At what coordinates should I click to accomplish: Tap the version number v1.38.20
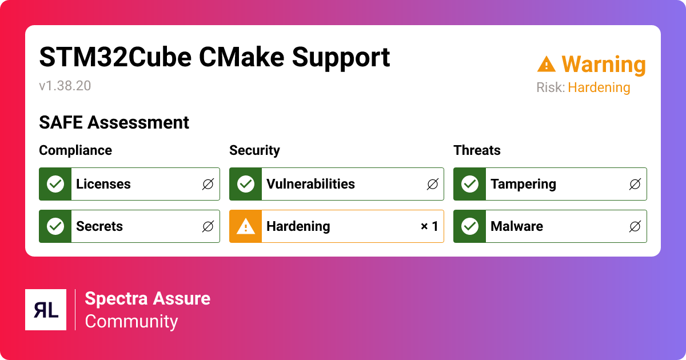coord(65,86)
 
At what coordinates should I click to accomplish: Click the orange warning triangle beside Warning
coord(546,64)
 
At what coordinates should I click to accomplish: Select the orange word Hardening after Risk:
coord(599,88)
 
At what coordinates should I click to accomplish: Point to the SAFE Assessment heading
coord(114,122)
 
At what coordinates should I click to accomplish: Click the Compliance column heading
coord(75,150)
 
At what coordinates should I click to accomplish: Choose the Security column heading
coord(254,150)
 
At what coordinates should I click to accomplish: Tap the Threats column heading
coord(477,150)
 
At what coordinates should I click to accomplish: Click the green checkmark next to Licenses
coord(55,184)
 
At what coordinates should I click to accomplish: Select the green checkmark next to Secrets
coord(55,226)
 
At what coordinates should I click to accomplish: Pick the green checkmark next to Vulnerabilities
coord(246,184)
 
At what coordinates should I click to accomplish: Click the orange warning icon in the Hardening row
coord(246,226)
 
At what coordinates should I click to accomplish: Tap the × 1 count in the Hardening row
coord(429,226)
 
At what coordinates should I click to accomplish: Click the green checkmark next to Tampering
coord(470,184)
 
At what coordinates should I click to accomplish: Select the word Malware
coord(517,226)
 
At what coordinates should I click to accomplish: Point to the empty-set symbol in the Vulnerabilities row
coord(433,184)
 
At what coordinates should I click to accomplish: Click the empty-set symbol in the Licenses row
coord(208,184)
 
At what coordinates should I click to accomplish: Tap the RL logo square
coord(46,310)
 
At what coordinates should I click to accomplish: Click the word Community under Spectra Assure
coord(131,321)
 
